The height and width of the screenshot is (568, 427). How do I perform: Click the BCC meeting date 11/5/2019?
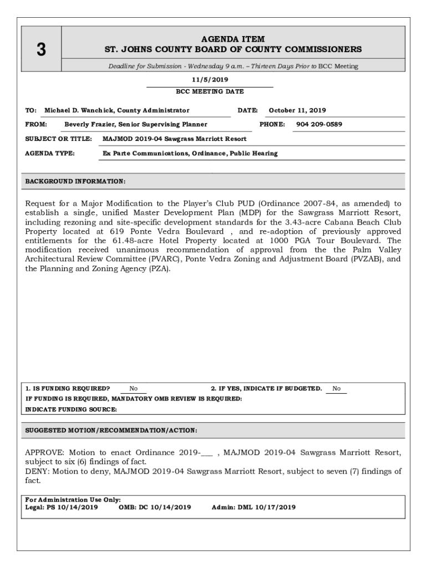pos(210,79)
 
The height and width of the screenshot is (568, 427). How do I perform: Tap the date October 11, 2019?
pos(297,110)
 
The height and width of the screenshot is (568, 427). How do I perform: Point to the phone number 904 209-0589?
pos(319,124)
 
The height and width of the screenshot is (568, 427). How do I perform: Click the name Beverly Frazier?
pos(87,124)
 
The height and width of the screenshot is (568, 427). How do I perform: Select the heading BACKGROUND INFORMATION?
pos(75,181)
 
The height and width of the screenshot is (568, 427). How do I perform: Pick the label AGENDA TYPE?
pos(50,153)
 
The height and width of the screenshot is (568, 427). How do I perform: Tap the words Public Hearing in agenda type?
pos(254,153)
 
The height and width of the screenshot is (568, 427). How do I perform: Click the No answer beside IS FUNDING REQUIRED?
pos(134,389)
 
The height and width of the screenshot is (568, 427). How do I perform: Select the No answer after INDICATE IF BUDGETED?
pos(337,389)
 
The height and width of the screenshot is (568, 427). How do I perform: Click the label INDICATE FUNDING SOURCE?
pos(72,409)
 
